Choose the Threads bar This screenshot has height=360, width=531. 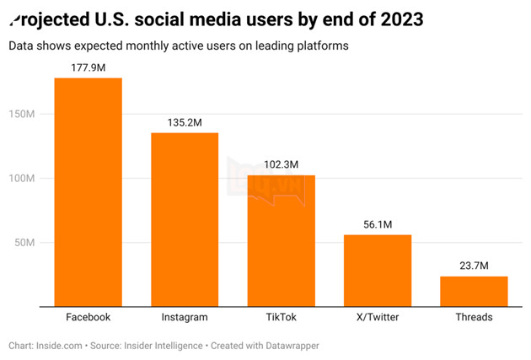coord(474,291)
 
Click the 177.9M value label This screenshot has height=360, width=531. coord(88,66)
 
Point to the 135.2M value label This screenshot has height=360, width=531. coord(185,121)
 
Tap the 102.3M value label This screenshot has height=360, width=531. coord(281,164)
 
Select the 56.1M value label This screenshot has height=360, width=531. coord(378,223)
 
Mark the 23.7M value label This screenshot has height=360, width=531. coord(474,265)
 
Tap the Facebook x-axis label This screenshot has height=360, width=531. coord(88,318)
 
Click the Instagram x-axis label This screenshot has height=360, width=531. coord(185,318)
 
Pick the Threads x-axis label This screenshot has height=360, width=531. coord(474,318)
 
